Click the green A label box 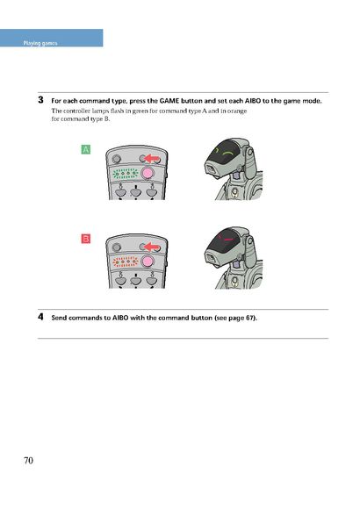coord(85,150)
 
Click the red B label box coord(85,239)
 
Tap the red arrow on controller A coord(151,159)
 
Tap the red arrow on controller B coord(151,247)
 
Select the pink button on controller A coord(148,173)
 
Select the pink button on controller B coord(148,262)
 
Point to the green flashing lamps coord(126,174)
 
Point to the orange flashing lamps coord(126,262)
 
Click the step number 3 coord(40,100)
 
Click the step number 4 coord(40,317)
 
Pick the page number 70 coord(28,461)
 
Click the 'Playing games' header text coord(40,43)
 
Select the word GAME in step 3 coord(169,101)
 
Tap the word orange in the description coord(236,111)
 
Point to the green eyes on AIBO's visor coord(225,151)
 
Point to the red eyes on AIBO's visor coord(226,238)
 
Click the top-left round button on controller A coord(116,159)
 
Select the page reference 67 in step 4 coord(249,318)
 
